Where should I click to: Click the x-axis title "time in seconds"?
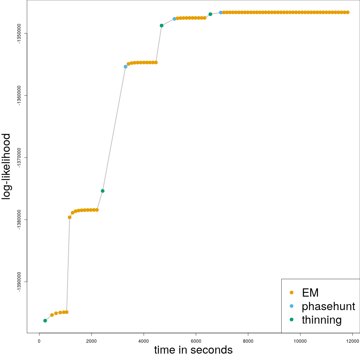[x=193, y=350]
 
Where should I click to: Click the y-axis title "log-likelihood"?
[x=7, y=166]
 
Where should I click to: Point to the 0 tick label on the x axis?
[x=39, y=340]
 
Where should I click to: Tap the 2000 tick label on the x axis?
[x=91, y=340]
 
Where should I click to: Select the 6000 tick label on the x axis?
[x=196, y=340]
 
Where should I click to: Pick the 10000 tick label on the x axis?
[x=300, y=340]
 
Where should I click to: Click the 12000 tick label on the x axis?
[x=352, y=340]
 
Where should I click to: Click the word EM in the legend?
[x=310, y=292]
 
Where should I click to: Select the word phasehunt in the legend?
[x=328, y=306]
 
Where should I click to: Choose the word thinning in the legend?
[x=322, y=320]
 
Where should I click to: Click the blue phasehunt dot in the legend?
[x=291, y=306]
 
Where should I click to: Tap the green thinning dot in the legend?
[x=291, y=320]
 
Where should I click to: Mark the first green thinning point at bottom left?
[x=45, y=321]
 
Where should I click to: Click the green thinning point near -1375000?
[x=102, y=191]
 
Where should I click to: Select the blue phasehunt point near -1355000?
[x=126, y=67]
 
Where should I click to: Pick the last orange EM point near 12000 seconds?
[x=348, y=12]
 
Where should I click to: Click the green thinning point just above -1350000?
[x=161, y=25]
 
